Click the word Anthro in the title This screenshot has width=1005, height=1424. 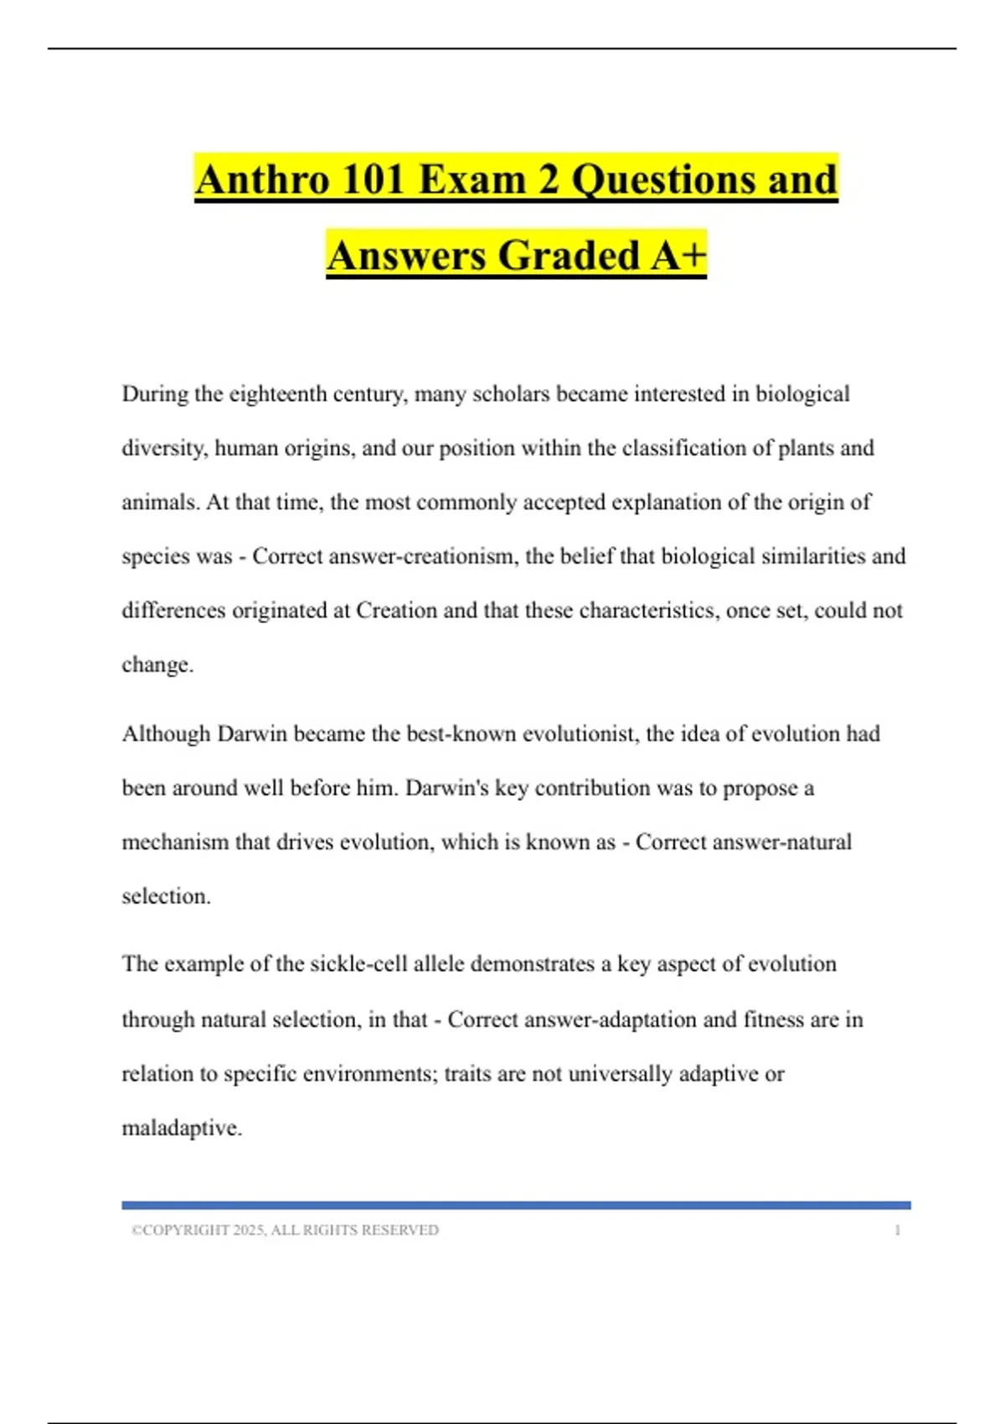(262, 179)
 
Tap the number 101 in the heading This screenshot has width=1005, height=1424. (374, 179)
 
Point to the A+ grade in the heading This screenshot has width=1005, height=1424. (679, 255)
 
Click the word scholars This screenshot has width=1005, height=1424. (511, 394)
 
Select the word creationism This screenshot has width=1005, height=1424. (468, 556)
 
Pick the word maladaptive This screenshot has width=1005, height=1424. (181, 1128)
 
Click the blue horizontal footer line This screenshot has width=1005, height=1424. (516, 1205)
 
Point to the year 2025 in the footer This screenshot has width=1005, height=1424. (249, 1230)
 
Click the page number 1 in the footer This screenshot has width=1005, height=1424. (897, 1230)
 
